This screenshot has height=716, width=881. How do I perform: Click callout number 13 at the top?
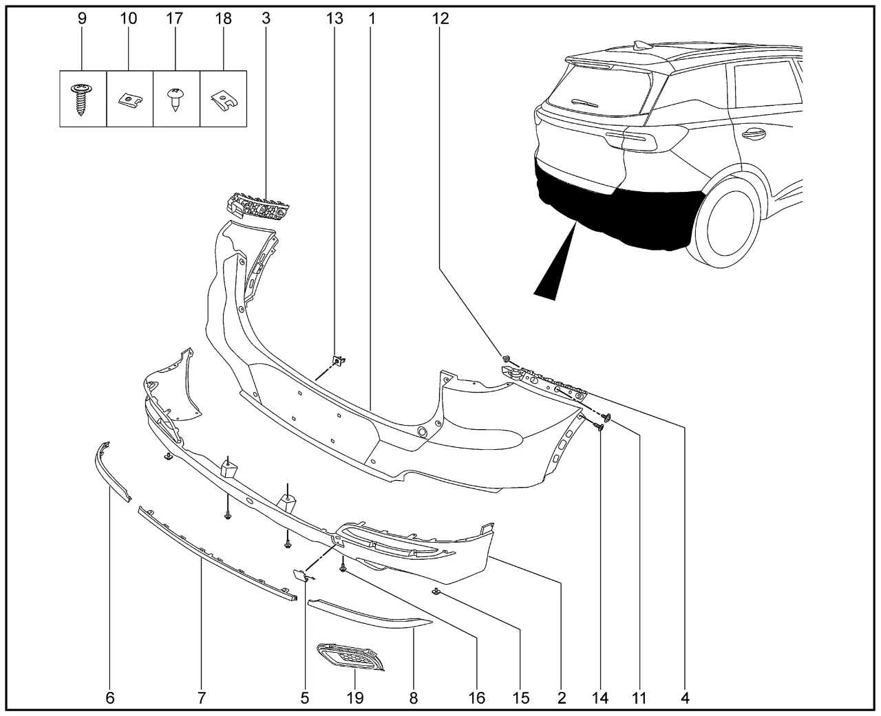coord(334,19)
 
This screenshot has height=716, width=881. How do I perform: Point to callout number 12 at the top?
coord(440,19)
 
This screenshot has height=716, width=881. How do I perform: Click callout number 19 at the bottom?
coord(355,698)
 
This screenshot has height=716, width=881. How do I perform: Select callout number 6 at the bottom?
coord(110,698)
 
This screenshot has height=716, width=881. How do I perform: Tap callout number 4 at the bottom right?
coord(685,698)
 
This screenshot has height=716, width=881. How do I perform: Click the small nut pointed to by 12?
coord(507,358)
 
